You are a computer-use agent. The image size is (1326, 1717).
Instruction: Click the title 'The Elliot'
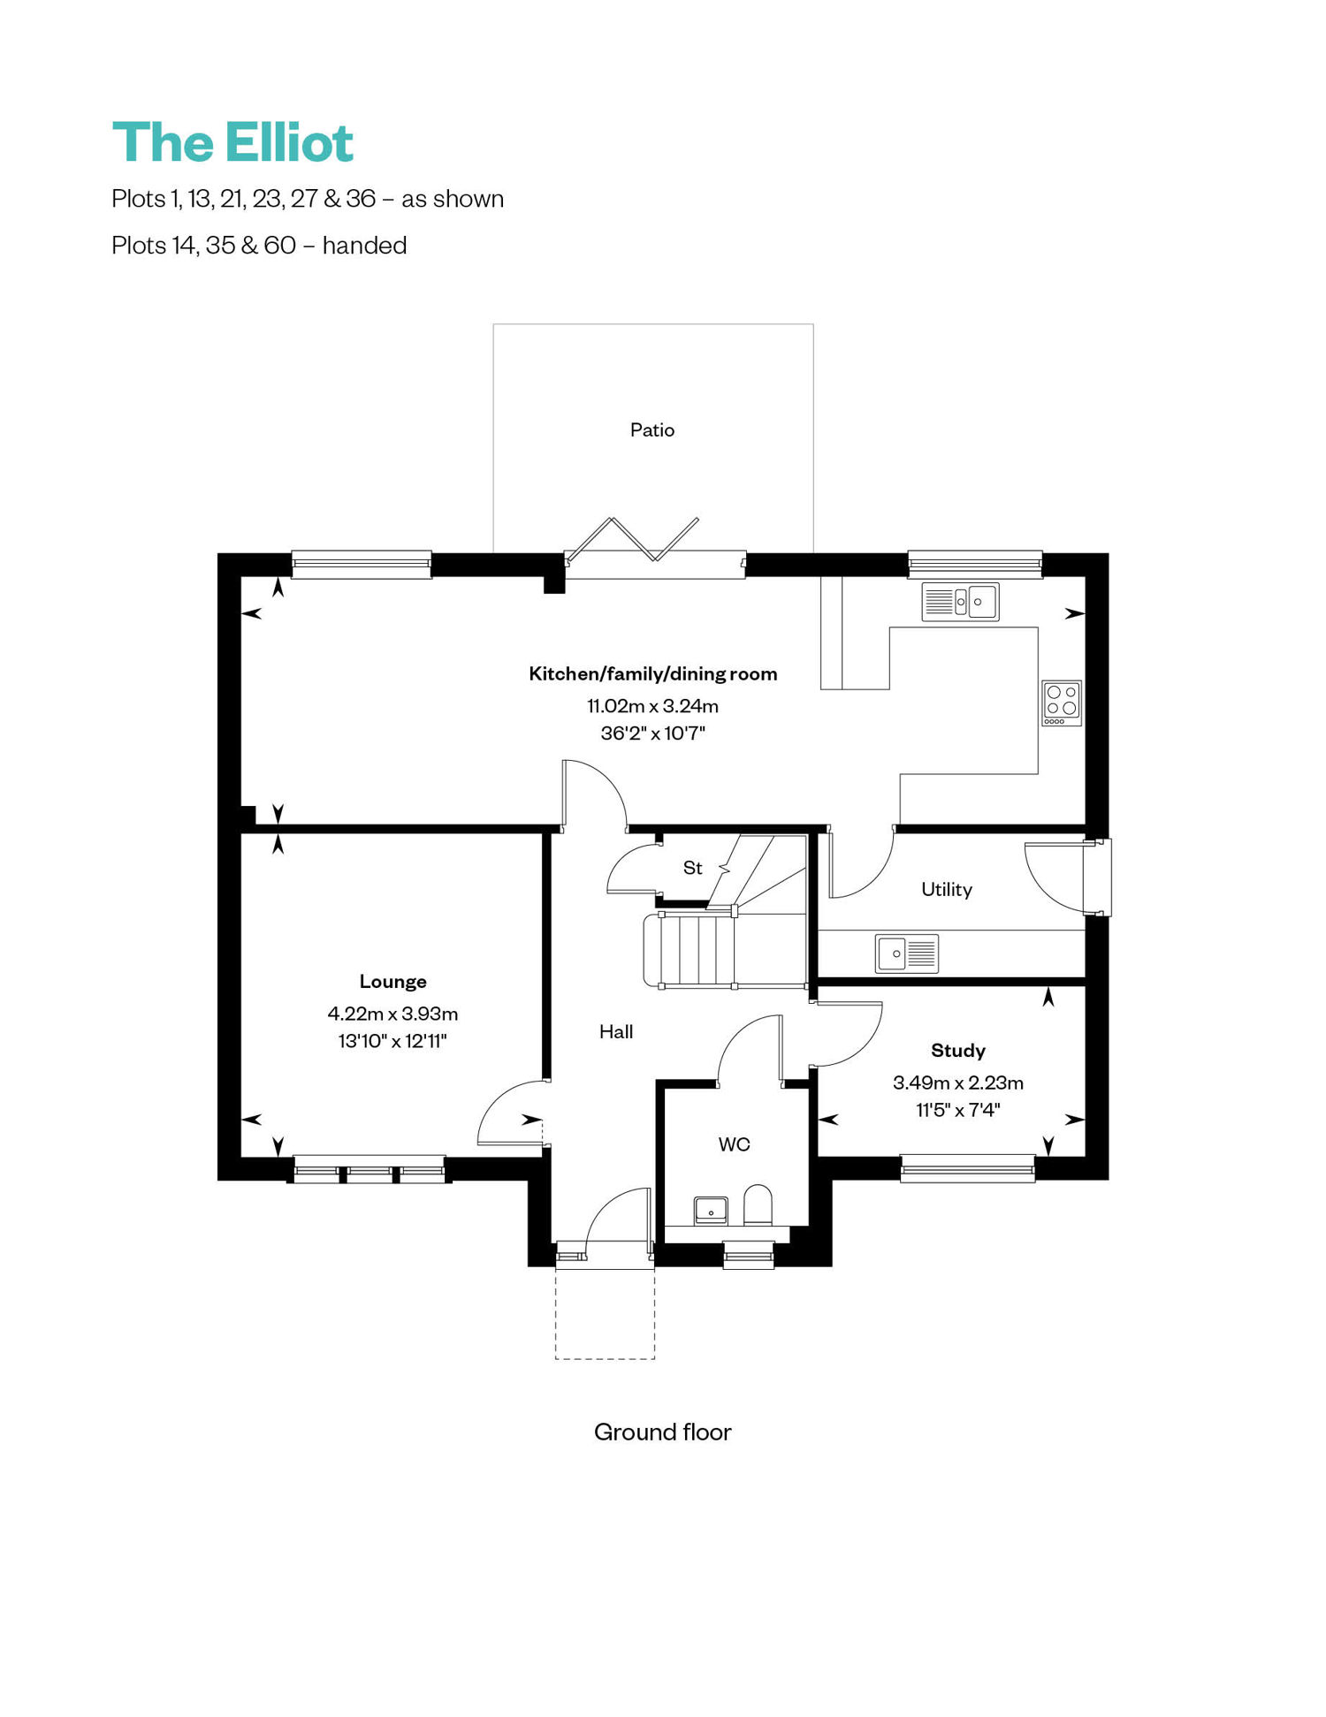[232, 142]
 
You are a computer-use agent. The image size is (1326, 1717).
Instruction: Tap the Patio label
[652, 430]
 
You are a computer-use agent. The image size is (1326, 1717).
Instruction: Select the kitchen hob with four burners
[1062, 703]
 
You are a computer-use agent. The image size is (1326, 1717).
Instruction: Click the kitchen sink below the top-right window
[960, 602]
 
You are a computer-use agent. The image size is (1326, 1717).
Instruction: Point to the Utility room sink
[907, 953]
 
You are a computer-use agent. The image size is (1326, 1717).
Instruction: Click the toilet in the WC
[758, 1205]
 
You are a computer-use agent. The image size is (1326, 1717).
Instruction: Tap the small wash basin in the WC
[711, 1210]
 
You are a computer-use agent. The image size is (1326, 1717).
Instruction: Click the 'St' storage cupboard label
[693, 869]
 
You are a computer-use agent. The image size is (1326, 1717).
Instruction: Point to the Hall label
[616, 1032]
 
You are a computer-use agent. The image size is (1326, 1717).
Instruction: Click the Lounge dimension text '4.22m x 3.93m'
[392, 1014]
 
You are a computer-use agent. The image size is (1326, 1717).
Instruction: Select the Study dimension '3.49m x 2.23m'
[958, 1083]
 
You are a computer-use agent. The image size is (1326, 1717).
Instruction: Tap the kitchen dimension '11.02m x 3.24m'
[653, 706]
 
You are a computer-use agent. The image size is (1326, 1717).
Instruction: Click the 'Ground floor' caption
[663, 1432]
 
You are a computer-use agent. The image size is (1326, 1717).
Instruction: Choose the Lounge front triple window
[370, 1169]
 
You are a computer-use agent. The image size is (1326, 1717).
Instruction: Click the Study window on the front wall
[968, 1168]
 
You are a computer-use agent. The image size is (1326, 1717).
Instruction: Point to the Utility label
[947, 890]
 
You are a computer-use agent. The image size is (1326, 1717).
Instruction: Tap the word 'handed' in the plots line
[364, 246]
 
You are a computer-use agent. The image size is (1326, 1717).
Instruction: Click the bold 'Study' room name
[958, 1051]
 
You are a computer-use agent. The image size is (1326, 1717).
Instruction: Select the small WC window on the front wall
[749, 1255]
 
